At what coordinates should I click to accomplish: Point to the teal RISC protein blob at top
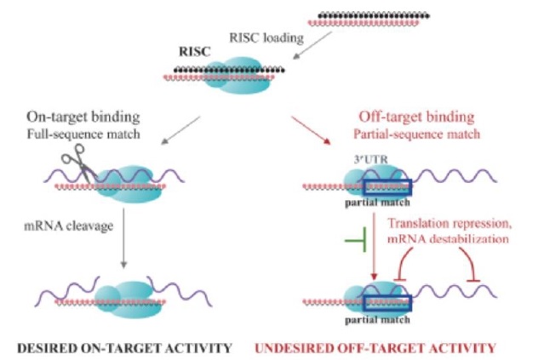pos(229,74)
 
